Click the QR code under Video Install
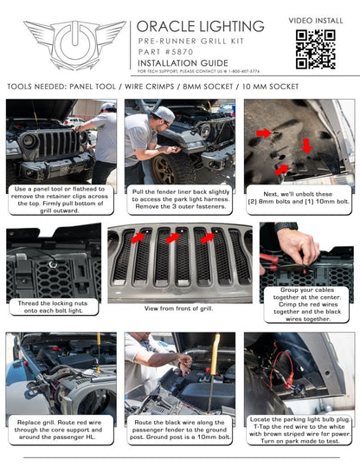click(x=315, y=49)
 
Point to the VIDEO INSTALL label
click(x=315, y=18)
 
